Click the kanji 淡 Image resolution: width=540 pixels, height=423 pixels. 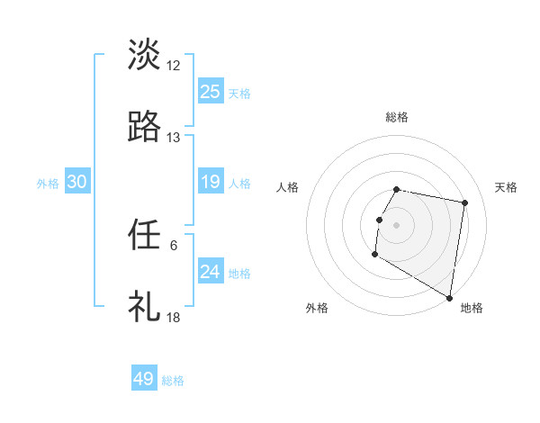coord(144,54)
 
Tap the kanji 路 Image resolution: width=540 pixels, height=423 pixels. coord(144,127)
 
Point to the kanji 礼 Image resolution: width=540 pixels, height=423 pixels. coord(144,307)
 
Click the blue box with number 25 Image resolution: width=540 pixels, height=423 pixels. coord(211,91)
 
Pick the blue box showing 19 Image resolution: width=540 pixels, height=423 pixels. coord(211,182)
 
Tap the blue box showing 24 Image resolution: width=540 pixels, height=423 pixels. coord(211,271)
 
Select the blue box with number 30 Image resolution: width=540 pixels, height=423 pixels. coord(77,182)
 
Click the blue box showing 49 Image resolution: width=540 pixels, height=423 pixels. coord(144,379)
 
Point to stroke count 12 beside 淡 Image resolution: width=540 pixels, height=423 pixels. coord(174,65)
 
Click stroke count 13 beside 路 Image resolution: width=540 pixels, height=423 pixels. coord(174,138)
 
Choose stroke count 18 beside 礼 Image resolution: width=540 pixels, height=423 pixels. coord(174,318)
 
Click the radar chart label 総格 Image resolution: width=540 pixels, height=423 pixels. coord(397,117)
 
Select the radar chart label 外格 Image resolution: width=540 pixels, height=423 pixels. coord(317,309)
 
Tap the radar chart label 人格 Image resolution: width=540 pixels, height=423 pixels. coord(288,187)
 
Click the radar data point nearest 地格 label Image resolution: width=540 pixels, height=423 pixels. coord(450,298)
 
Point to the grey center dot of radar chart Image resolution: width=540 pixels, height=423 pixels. coord(397,224)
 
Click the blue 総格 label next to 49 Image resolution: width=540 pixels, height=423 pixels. coord(173,381)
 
